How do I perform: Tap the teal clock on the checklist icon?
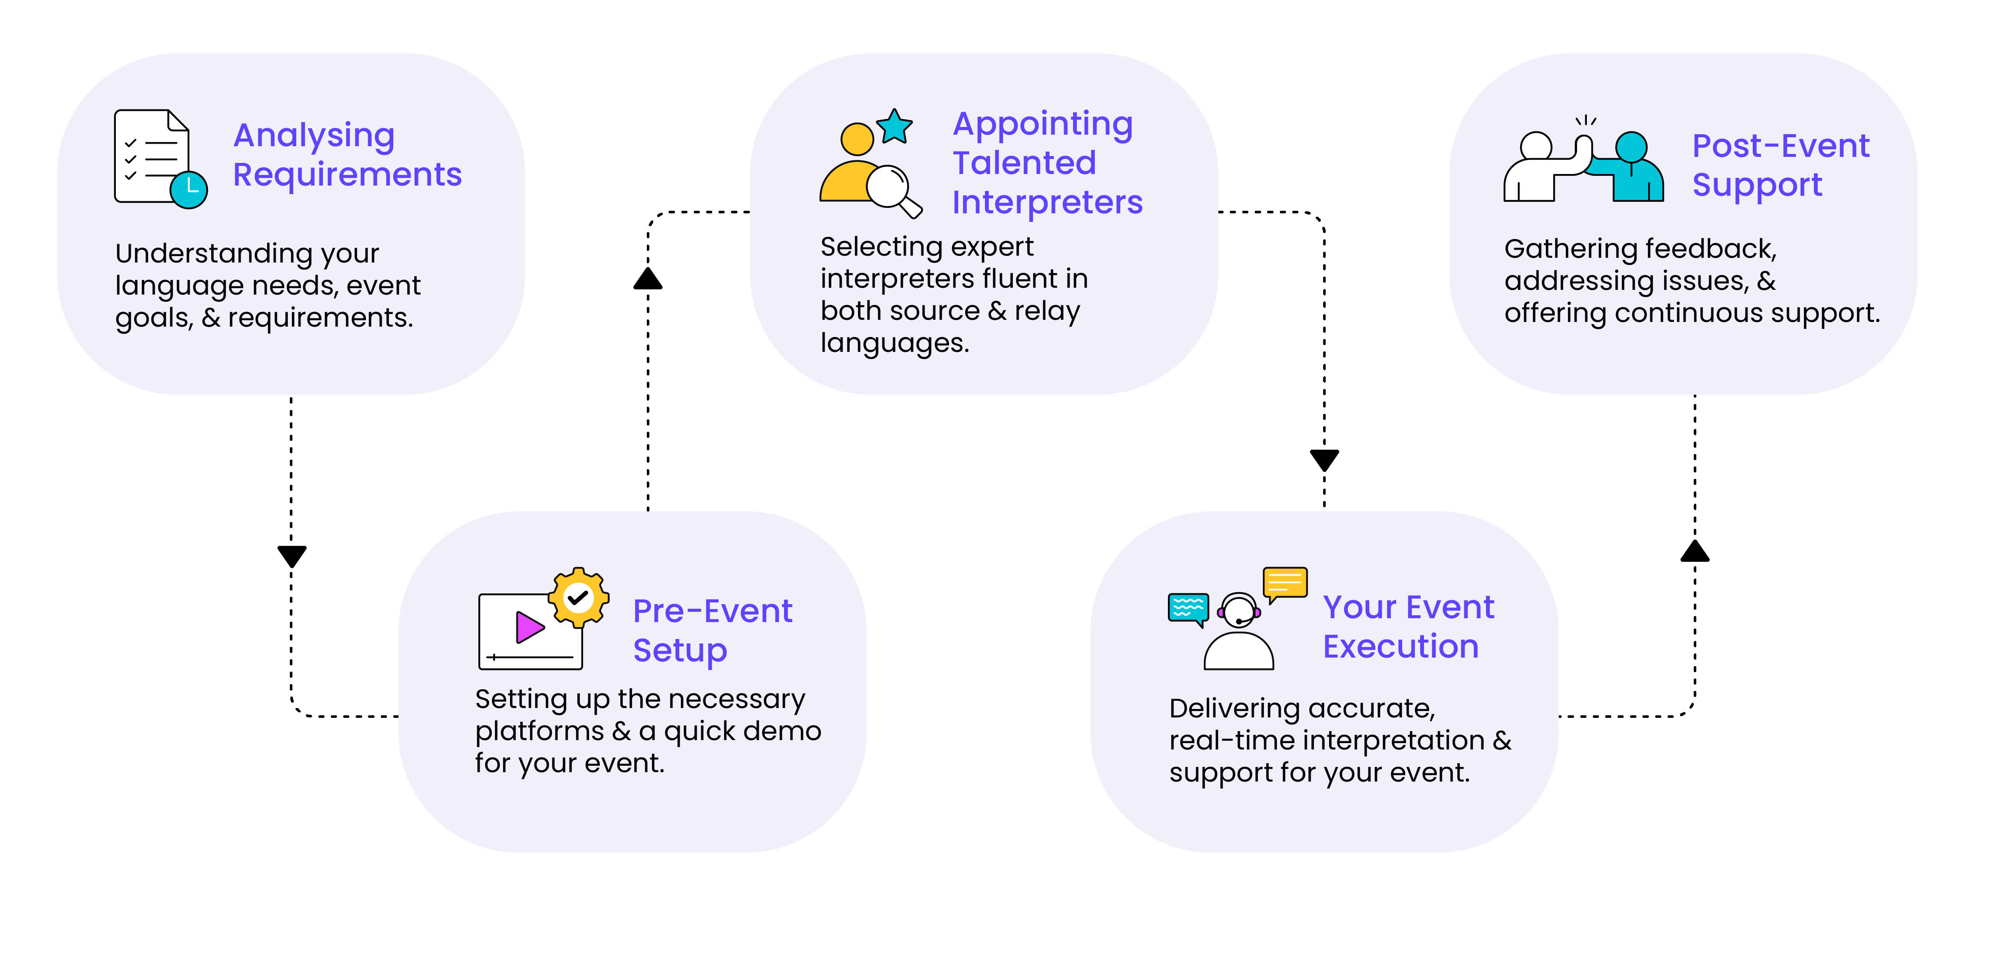tap(189, 189)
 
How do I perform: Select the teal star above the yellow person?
tap(895, 126)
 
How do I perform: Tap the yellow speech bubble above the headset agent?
tap(1285, 583)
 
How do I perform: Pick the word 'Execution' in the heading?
tap(1400, 647)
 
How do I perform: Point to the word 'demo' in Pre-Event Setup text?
tap(783, 731)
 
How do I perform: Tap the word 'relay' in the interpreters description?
tap(1047, 311)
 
